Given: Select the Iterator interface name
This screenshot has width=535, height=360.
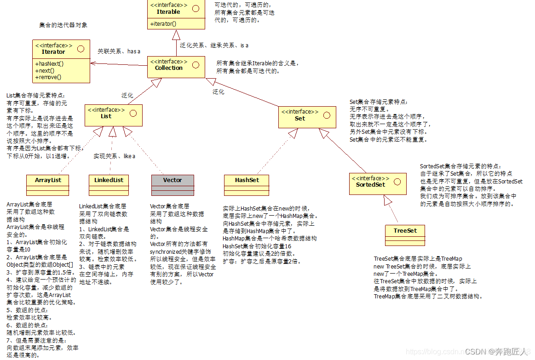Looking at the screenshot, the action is [x=53, y=52].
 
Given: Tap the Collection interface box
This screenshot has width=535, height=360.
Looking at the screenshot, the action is [x=176, y=67].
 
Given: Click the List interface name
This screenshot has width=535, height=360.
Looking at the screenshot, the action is [x=106, y=116].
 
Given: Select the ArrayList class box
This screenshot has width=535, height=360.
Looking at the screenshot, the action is [x=48, y=185].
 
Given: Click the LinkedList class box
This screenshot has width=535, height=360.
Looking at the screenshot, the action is [x=109, y=185].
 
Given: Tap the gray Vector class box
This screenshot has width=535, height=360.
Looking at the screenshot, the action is [x=173, y=185].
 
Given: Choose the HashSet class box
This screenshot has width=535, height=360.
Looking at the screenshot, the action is [x=247, y=185].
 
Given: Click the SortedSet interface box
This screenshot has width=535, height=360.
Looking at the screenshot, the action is [x=378, y=183].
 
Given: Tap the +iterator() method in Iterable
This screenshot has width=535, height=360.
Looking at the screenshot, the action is [x=163, y=23].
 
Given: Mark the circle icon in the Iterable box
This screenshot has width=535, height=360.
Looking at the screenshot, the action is [x=196, y=8].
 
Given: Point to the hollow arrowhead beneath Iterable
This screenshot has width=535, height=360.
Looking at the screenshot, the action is [x=176, y=34].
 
